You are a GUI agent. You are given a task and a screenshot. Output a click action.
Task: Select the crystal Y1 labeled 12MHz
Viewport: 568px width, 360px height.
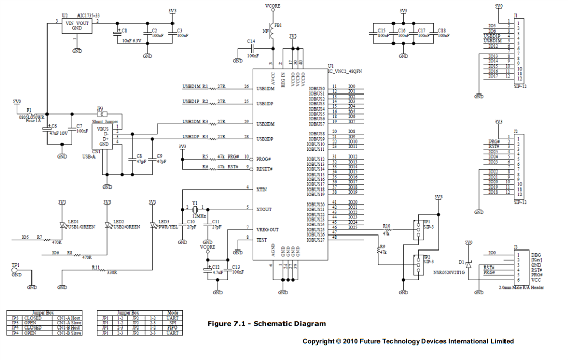coord(195,209)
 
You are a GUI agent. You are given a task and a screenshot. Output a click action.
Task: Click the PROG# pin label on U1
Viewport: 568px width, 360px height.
coord(264,159)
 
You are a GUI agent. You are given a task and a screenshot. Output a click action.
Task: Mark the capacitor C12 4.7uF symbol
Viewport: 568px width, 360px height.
coord(208,269)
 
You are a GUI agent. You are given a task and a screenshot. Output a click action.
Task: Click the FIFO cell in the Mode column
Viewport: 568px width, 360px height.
coord(172,328)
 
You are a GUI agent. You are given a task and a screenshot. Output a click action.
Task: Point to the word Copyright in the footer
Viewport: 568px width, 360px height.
coord(319,341)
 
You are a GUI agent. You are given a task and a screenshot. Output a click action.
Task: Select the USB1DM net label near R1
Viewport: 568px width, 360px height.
coord(192,86)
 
